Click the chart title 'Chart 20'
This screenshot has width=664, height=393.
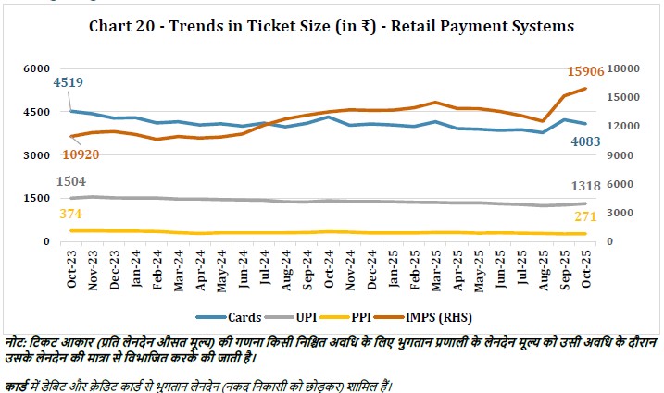coord(332,25)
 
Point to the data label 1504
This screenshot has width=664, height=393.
coord(73,181)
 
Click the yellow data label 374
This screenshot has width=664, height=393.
coord(69,214)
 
